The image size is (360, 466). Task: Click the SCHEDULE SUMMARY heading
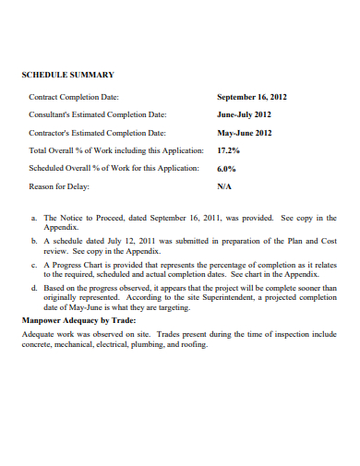[67, 74]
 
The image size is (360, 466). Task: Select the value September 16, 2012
[252, 96]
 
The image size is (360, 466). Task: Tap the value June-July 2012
[244, 114]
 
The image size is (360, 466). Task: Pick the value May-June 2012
[244, 132]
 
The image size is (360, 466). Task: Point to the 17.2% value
[228, 149]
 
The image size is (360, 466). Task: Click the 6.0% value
[226, 168]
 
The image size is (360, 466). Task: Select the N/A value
[224, 185]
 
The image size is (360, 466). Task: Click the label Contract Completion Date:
[74, 96]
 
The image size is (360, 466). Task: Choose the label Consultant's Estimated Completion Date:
[98, 114]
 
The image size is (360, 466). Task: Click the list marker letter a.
[33, 218]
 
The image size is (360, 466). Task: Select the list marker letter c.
[33, 264]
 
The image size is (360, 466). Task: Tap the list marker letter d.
[33, 287]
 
